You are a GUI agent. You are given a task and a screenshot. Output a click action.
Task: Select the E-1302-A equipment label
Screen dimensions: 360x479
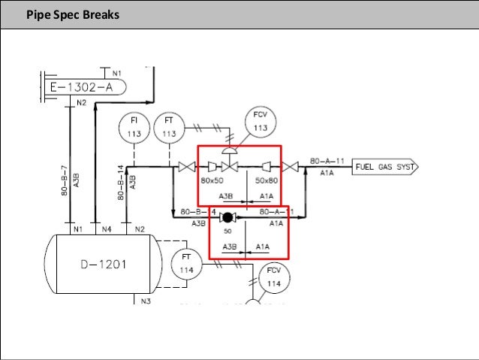(82, 87)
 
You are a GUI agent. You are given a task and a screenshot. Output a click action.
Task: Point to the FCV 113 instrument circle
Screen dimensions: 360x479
(260, 123)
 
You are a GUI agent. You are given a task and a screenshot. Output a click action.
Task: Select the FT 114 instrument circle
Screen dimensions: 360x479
(185, 264)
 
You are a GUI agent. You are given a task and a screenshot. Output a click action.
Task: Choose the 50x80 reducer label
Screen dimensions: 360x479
(266, 181)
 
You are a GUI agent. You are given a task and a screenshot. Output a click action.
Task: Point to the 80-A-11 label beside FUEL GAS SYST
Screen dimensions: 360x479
(331, 161)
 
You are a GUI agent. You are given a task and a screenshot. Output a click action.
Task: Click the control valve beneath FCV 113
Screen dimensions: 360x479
(233, 166)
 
